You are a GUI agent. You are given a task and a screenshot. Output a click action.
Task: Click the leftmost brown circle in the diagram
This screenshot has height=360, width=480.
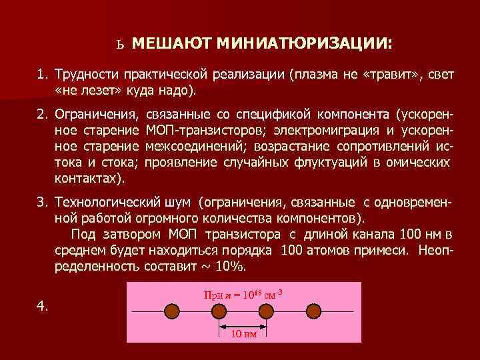173,311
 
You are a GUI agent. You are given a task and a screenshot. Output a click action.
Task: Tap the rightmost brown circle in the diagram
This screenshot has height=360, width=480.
313,311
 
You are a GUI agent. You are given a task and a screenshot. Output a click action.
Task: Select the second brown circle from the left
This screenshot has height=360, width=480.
220,311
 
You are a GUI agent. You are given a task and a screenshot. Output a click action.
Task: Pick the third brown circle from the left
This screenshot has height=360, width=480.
267,311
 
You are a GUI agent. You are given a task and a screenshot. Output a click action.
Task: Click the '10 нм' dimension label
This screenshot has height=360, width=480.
243,335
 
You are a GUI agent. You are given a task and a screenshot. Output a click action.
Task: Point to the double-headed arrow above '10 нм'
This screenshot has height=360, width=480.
243,325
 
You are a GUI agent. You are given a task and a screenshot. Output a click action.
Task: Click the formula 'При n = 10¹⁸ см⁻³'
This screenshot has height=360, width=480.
243,294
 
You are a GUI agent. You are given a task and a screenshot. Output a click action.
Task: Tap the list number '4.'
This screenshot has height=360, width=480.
43,305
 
